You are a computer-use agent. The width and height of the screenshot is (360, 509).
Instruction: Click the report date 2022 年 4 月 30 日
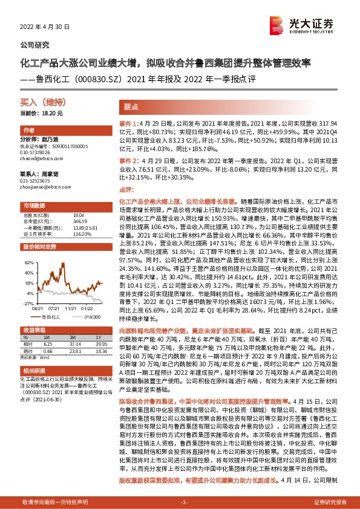[x=46, y=27]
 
